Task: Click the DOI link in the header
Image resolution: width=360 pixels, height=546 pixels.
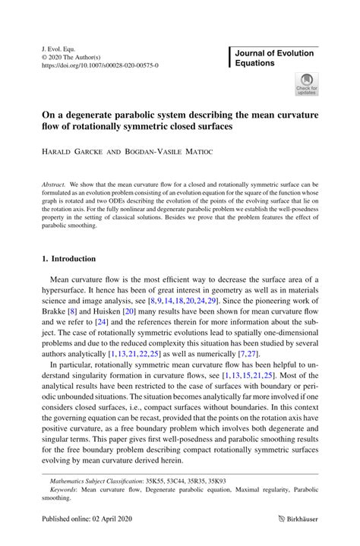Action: coord(99,66)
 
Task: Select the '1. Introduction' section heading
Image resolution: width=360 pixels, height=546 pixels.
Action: coord(68,258)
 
